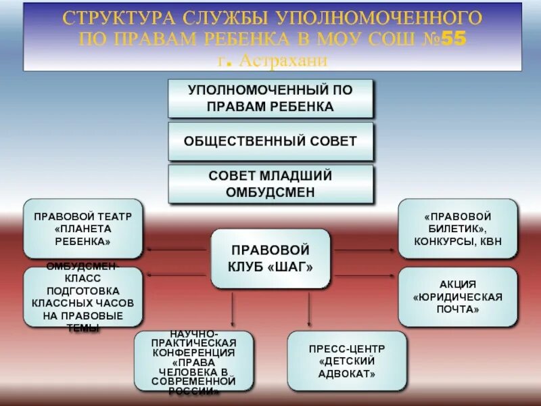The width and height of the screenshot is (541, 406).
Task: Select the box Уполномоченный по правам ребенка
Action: pos(270,98)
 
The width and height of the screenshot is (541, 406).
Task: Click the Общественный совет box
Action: pos(270,141)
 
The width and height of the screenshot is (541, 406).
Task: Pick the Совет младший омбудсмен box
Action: pos(270,184)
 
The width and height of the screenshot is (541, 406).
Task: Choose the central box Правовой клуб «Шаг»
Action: pos(270,258)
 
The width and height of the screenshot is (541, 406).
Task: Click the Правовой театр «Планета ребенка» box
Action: pos(83,228)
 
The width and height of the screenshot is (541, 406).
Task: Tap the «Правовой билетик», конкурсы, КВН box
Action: pos(458,228)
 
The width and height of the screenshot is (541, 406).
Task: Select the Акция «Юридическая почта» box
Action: pos(458,296)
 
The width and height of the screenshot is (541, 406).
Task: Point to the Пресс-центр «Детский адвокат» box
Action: pos(347,361)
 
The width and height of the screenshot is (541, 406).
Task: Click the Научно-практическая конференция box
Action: pos(193,361)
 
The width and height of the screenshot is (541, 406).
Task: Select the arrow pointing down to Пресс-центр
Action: pos(310,309)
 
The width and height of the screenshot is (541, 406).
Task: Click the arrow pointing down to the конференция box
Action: pos(233,309)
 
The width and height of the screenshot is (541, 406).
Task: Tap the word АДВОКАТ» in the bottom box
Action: pos(347,373)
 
